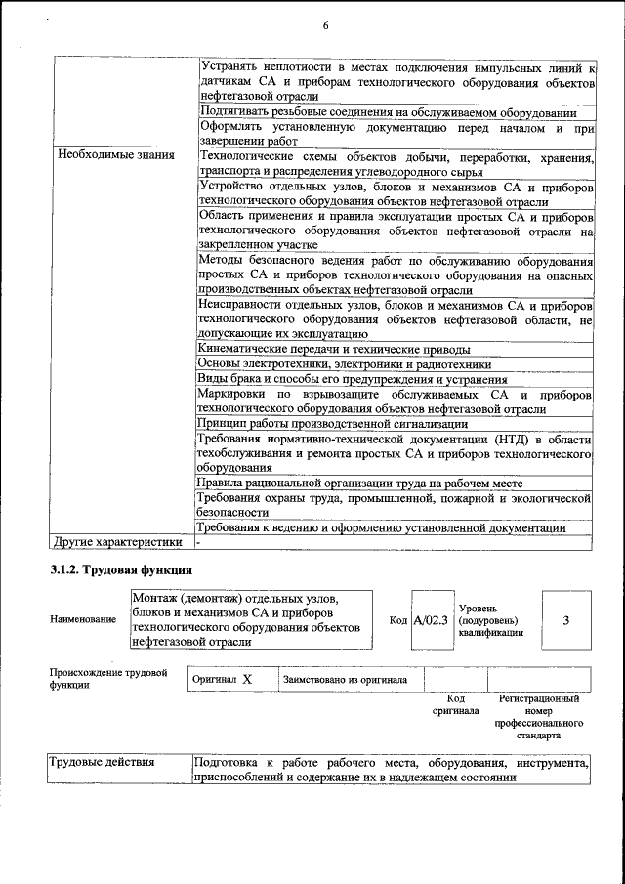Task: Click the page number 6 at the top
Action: click(325, 26)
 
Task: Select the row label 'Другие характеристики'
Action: click(118, 541)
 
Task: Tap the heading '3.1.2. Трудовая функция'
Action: click(120, 569)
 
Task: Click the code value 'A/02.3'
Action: click(430, 619)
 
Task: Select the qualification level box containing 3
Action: click(565, 619)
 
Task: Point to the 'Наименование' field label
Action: click(83, 620)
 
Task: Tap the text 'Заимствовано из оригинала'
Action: click(346, 679)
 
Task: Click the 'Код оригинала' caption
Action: click(455, 704)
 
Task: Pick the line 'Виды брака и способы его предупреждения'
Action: click(352, 379)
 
